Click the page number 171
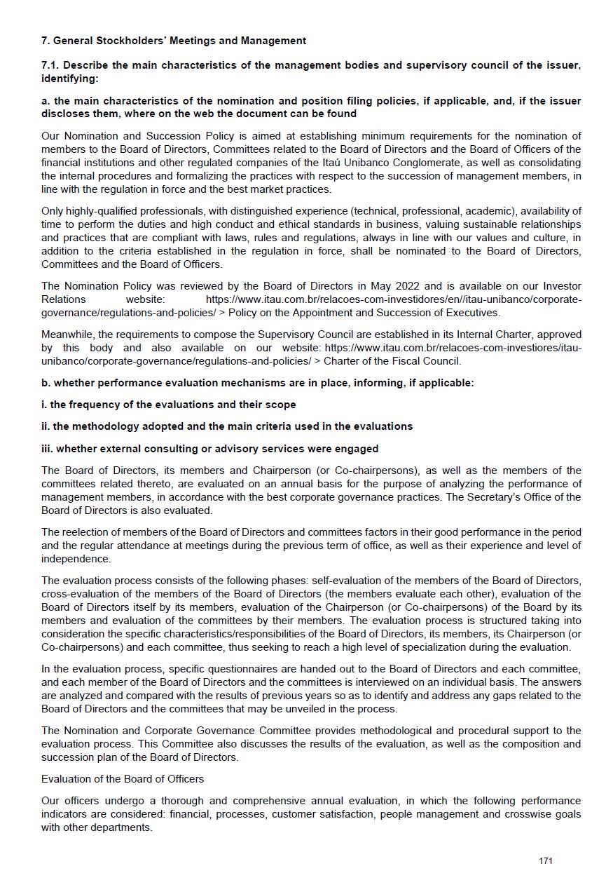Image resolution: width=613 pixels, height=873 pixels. (546, 861)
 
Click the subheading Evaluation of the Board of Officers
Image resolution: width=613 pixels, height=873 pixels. (123, 779)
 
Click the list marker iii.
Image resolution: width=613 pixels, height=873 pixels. (47, 449)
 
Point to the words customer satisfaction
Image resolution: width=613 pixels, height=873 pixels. (315, 814)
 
